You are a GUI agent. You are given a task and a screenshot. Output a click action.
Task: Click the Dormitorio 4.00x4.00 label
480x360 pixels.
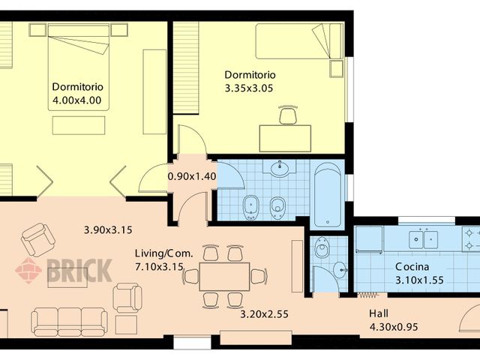[76, 92]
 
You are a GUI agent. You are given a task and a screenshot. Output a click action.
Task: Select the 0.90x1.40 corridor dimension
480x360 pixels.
[191, 176]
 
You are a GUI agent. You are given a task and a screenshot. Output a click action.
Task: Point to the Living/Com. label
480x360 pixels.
[163, 253]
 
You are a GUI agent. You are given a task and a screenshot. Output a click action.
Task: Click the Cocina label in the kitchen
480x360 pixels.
[412, 268]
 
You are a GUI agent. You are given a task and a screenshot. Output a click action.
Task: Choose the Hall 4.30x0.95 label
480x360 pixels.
[393, 320]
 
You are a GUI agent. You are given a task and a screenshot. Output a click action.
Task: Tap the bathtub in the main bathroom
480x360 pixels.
[327, 194]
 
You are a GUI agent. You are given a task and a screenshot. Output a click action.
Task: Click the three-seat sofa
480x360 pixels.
[68, 321]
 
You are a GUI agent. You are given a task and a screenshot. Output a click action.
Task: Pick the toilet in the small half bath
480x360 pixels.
[322, 248]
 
